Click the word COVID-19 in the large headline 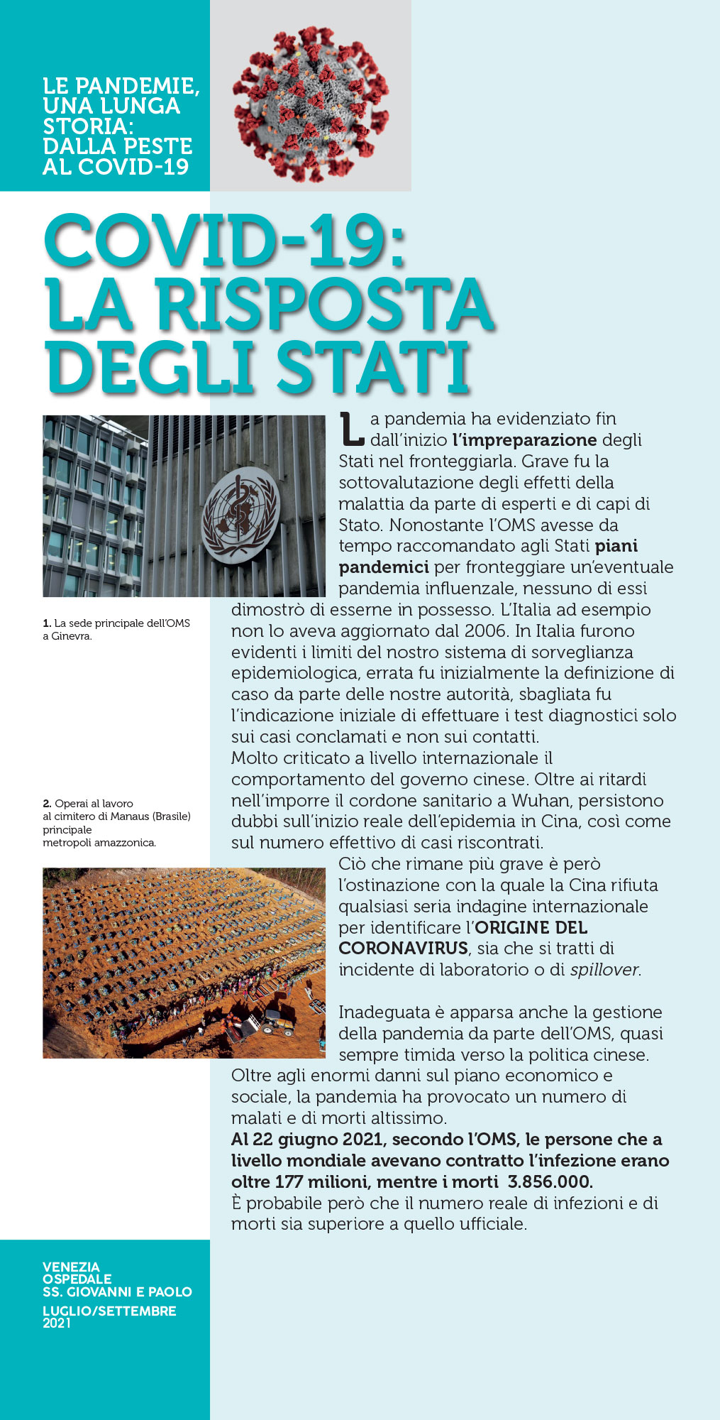click(224, 241)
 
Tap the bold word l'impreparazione click(524, 439)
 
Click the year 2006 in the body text click(486, 630)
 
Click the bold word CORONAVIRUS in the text click(403, 949)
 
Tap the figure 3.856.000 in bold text click(550, 1182)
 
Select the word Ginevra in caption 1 click(71, 636)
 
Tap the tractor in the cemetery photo click(277, 1025)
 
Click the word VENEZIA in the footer click(71, 1267)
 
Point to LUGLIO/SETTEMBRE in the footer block click(109, 1311)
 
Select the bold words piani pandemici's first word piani click(616, 546)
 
